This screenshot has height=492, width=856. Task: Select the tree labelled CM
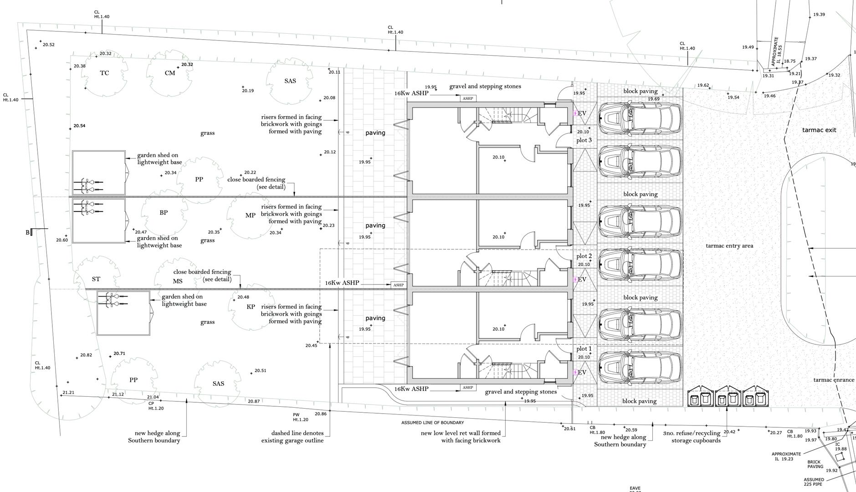click(169, 73)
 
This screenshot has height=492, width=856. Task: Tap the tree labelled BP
click(164, 213)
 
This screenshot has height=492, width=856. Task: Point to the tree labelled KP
click(251, 307)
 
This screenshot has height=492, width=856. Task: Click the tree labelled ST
click(96, 279)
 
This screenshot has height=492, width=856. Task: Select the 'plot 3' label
click(584, 140)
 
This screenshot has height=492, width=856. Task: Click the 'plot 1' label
click(584, 349)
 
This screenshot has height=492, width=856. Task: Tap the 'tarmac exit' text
click(819, 130)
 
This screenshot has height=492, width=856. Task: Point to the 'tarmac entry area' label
click(729, 246)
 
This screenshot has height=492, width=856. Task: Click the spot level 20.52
click(48, 45)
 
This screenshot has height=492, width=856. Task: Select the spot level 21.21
click(68, 393)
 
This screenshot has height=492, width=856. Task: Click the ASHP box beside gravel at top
click(468, 98)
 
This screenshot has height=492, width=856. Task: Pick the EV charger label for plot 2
click(582, 280)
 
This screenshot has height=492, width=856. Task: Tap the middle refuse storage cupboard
click(728, 397)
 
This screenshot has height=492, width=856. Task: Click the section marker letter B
click(28, 233)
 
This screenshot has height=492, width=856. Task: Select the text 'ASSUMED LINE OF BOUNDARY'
click(432, 423)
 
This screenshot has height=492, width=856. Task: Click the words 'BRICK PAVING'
click(815, 464)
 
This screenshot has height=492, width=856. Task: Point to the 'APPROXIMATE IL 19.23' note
click(786, 456)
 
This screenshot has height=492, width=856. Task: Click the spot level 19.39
click(819, 15)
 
